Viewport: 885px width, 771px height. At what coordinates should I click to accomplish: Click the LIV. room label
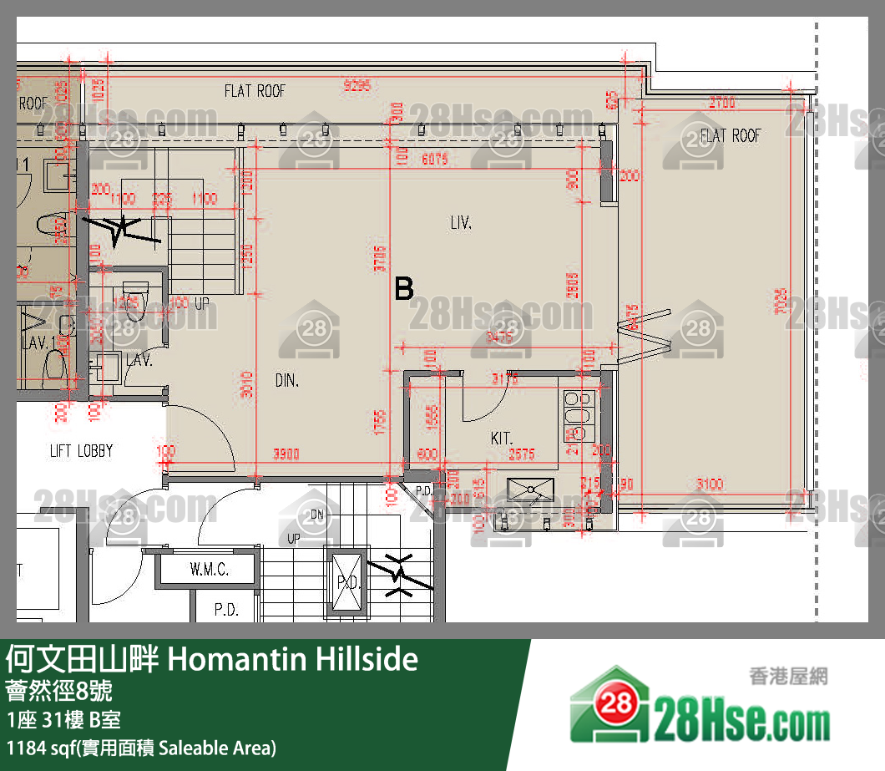pos(461,223)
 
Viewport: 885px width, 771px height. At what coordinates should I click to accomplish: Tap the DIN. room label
pos(287,381)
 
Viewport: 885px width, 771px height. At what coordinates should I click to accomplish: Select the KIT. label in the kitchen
pos(501,438)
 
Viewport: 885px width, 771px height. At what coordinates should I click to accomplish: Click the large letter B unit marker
pos(404,289)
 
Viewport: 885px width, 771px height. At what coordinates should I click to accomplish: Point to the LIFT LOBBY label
pos(81,451)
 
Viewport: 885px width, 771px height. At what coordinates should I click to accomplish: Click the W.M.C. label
pos(209,571)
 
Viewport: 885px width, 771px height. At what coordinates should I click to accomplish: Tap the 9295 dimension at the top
pos(357,84)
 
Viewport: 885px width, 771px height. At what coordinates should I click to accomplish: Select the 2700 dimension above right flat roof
pos(721,103)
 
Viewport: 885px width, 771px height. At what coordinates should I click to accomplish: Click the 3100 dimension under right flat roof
pos(710,484)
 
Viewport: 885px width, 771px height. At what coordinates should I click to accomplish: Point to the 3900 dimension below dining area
pos(287,454)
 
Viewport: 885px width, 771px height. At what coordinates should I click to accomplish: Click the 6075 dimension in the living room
pos(435,159)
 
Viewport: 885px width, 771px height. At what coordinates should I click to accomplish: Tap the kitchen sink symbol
pos(530,487)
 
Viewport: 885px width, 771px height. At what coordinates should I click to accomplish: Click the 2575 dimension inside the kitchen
pos(522,454)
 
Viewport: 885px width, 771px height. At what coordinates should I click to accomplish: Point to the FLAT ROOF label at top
pos(255,91)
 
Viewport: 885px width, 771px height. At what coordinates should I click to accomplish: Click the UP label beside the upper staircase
pos(201,303)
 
